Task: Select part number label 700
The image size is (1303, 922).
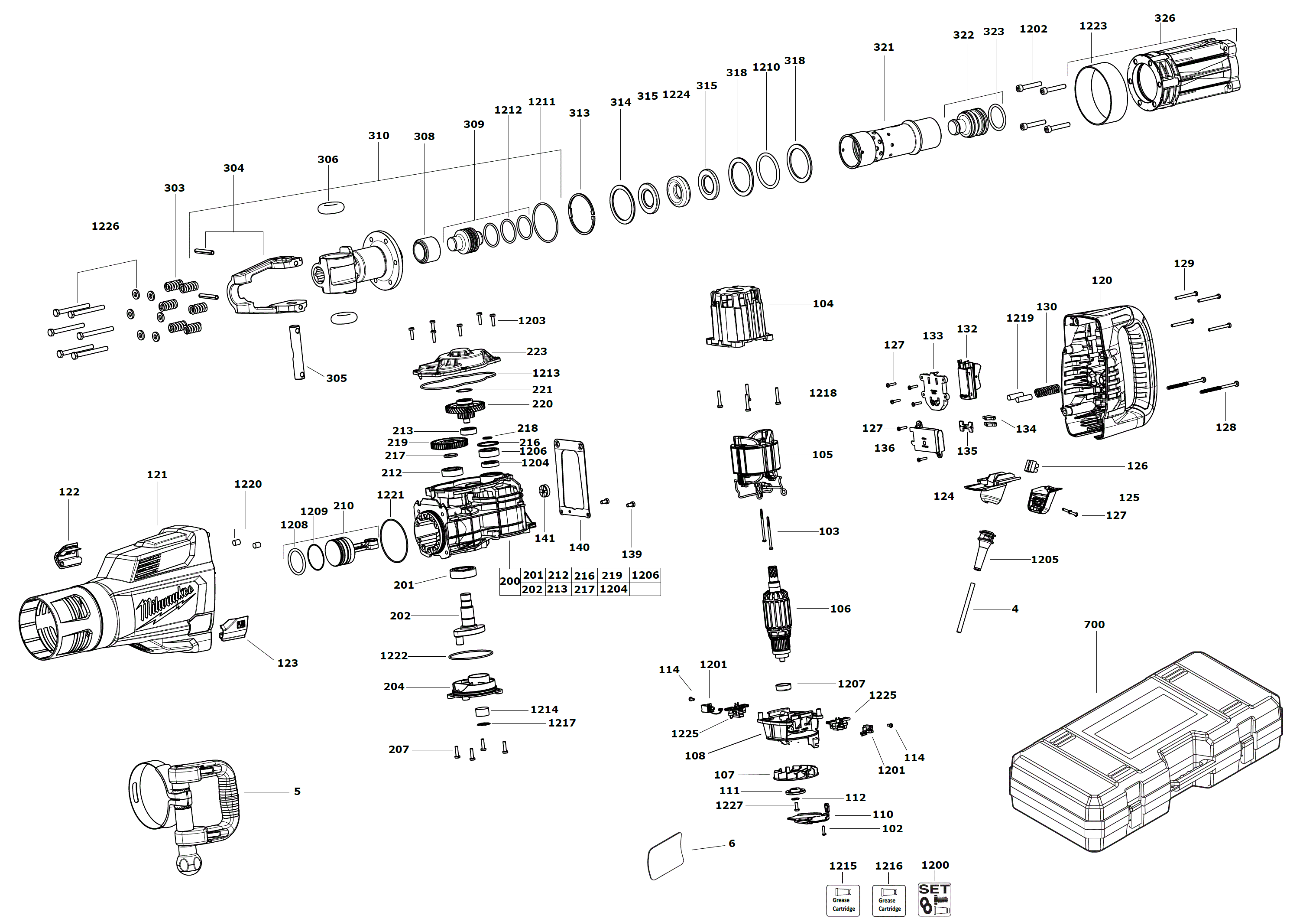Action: click(1094, 625)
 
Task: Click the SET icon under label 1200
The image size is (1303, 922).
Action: click(934, 899)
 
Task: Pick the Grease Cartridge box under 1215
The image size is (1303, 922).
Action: click(843, 900)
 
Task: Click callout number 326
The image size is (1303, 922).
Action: click(1164, 18)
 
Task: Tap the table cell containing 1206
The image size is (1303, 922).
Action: click(645, 575)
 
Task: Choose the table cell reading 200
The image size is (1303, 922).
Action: click(509, 581)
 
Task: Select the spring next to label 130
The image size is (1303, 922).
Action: click(1047, 390)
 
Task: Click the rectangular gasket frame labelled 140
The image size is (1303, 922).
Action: click(572, 478)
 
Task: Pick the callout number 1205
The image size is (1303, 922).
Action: click(1045, 560)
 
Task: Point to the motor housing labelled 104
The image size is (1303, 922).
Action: click(738, 316)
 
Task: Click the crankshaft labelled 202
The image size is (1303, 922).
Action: click(468, 616)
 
